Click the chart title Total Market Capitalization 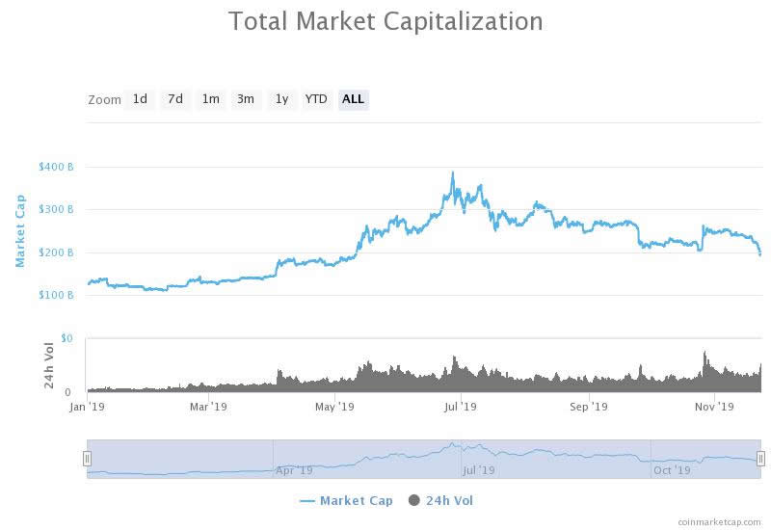385,21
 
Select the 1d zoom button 140,99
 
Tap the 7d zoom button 174,99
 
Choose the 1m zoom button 210,99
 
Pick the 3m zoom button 246,99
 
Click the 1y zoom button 281,99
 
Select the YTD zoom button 316,99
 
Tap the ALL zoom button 354,99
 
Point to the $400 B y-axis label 56,167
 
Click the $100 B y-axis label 56,295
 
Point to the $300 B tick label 56,210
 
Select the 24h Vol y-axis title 49,366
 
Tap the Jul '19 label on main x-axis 461,407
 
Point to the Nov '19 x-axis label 714,407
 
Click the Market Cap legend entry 346,500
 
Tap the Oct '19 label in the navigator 672,470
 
